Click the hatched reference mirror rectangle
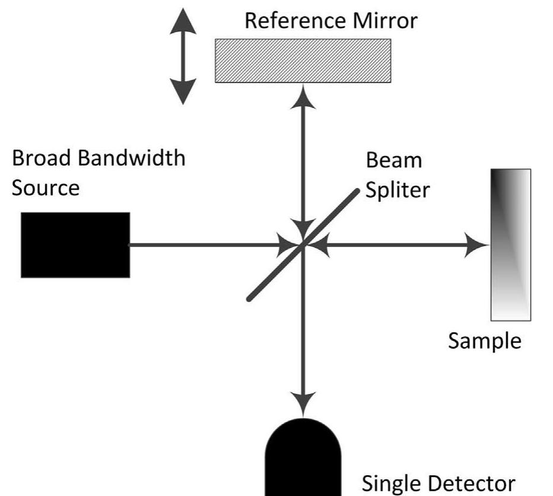[303, 61]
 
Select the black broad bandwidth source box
[75, 244]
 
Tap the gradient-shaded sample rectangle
[510, 244]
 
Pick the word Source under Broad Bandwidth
[46, 188]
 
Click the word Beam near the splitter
[386, 160]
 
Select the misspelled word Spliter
[396, 191]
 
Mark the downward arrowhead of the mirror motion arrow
[182, 92]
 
